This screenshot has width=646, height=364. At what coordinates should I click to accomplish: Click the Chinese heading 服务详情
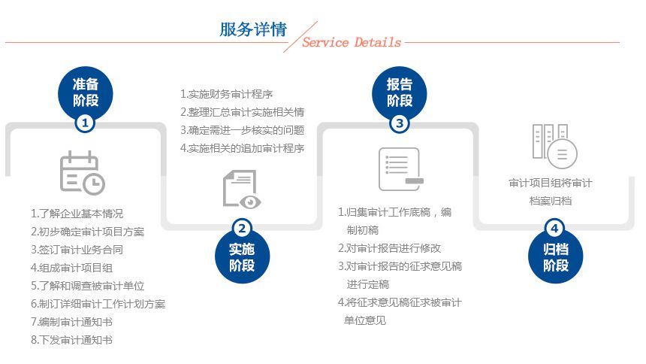253,29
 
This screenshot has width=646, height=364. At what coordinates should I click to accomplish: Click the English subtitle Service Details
352,42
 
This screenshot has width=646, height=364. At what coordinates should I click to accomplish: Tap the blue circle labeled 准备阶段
86,92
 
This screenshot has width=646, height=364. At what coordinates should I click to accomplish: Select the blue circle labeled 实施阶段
242,256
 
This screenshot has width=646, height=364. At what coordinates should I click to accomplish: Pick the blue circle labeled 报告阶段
399,93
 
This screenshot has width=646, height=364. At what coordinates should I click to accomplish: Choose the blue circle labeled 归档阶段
555,256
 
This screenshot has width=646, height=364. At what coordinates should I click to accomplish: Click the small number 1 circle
86,123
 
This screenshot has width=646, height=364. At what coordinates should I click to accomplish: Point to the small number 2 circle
242,228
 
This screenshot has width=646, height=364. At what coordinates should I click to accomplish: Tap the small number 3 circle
399,123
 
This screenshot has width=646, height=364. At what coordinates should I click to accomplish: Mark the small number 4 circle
555,228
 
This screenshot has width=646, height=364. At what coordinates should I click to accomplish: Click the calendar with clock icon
83,173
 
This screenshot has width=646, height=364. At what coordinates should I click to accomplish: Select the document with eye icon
241,189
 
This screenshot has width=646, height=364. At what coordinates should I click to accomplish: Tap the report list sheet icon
401,169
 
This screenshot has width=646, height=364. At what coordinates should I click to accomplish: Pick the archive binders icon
554,146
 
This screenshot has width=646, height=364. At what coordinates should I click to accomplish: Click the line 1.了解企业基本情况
77,214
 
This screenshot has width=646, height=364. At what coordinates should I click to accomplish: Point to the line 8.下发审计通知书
71,340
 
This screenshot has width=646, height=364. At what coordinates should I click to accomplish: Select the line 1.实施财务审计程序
227,94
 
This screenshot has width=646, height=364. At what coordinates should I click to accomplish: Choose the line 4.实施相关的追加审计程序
242,148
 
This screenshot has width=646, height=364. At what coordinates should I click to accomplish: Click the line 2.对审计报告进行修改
389,248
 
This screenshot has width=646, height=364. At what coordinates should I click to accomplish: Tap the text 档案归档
551,201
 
